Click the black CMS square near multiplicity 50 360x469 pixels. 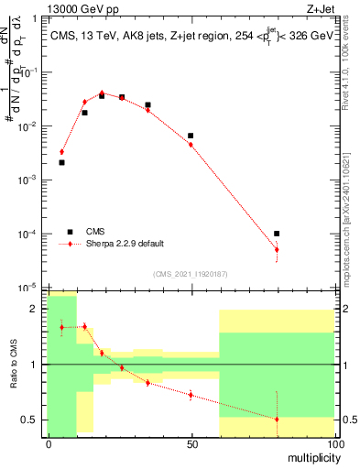coord(191,136)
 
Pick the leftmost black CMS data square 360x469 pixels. coord(61,162)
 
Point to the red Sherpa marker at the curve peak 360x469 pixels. coord(102,93)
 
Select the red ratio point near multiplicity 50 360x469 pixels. coord(191,395)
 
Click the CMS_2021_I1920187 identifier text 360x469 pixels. coord(191,273)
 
